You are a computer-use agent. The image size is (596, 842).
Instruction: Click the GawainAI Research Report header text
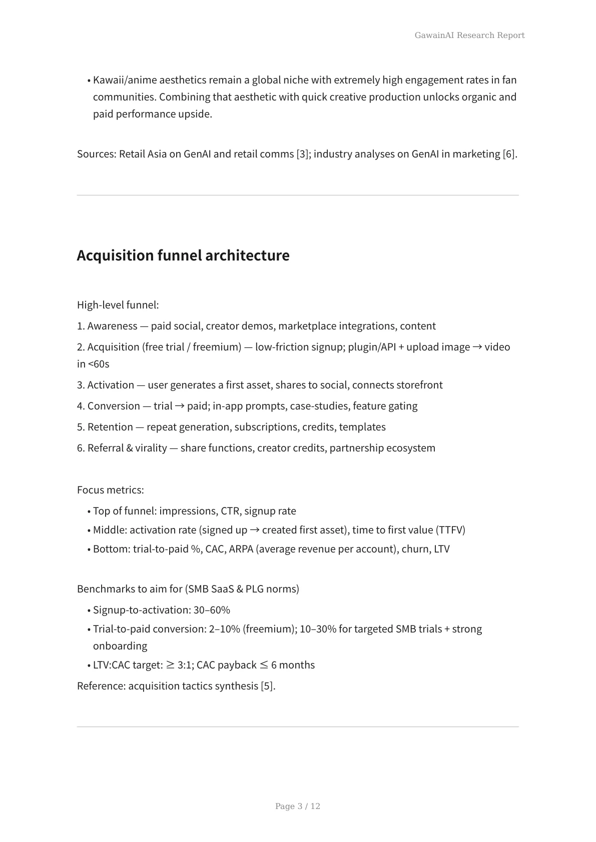(x=469, y=35)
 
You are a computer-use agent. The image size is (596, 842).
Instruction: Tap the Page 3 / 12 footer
(x=297, y=806)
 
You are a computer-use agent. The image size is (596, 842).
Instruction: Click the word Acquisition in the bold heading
(x=115, y=255)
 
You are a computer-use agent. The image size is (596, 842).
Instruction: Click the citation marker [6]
(x=508, y=154)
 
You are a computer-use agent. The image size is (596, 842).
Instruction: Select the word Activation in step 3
(x=111, y=385)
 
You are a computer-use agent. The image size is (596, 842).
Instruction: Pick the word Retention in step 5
(x=110, y=427)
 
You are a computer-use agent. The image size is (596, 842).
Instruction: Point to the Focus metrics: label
(x=111, y=490)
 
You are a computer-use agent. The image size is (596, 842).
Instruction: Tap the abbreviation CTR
(x=230, y=511)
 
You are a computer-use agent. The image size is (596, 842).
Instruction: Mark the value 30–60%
(x=212, y=610)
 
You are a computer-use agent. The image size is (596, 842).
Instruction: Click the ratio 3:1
(x=185, y=665)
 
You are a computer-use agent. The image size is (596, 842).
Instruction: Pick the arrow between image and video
(x=477, y=347)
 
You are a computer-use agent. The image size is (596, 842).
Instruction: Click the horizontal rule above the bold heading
(x=298, y=195)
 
